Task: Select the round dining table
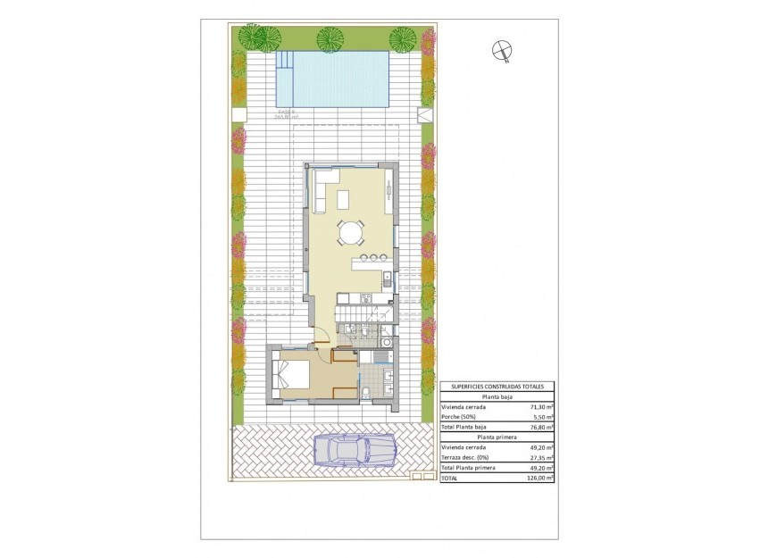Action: point(350,234)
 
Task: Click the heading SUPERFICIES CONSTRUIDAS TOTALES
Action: point(497,386)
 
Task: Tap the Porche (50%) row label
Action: point(458,417)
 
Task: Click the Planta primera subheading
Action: point(497,437)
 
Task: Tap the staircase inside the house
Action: point(355,314)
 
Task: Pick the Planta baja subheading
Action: point(497,396)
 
